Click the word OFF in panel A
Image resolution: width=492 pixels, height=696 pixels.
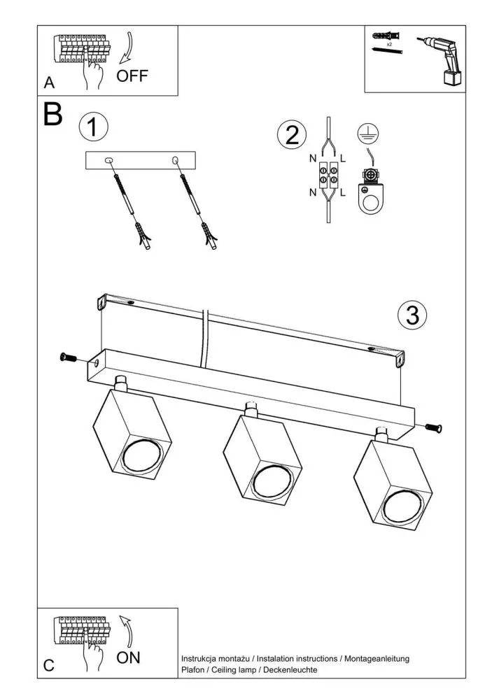point(132,76)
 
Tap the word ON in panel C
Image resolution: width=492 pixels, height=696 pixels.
point(128,658)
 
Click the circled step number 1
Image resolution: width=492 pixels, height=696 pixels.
point(93,127)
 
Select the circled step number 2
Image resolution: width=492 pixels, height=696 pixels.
point(292,134)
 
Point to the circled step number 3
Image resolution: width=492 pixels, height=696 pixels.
point(412,315)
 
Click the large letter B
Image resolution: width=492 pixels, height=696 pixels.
point(53,115)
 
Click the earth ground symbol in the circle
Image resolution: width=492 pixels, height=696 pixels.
point(368,134)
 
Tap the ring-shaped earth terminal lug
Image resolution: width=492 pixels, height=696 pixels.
point(370,194)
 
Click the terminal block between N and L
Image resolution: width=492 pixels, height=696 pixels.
point(328,176)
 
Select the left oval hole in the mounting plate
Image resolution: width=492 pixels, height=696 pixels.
point(108,160)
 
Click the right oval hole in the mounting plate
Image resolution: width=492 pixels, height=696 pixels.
point(175,159)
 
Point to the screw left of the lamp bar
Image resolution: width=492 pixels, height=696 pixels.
point(69,357)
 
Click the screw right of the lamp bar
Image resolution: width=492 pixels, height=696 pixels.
point(434,428)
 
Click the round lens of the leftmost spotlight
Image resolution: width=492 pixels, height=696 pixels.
point(143,456)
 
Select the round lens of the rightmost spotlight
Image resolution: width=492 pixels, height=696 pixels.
point(404,506)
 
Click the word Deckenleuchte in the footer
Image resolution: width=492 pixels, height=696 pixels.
point(290,670)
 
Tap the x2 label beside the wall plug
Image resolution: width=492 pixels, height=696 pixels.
point(389,44)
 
